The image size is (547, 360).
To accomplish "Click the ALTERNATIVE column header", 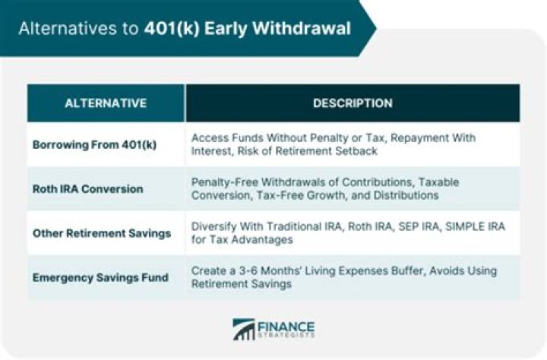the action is click(106, 103).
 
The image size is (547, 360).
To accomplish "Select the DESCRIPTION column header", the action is click(353, 103).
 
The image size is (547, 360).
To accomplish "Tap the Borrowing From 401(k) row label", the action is click(94, 145).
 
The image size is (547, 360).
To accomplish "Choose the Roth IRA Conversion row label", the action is click(88, 189).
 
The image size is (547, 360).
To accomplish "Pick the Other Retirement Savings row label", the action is click(102, 233).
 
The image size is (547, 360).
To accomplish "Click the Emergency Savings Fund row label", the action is click(100, 278).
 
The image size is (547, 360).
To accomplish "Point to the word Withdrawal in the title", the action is click(302, 29).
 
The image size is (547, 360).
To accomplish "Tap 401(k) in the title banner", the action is click(172, 29).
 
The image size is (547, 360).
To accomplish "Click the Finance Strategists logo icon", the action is click(244, 329).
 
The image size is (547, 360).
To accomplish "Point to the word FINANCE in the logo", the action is click(286, 327).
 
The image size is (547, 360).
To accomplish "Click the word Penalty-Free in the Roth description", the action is click(225, 182).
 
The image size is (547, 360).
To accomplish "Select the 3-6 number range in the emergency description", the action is click(248, 270).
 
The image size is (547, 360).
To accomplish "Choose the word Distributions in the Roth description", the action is click(406, 195).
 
